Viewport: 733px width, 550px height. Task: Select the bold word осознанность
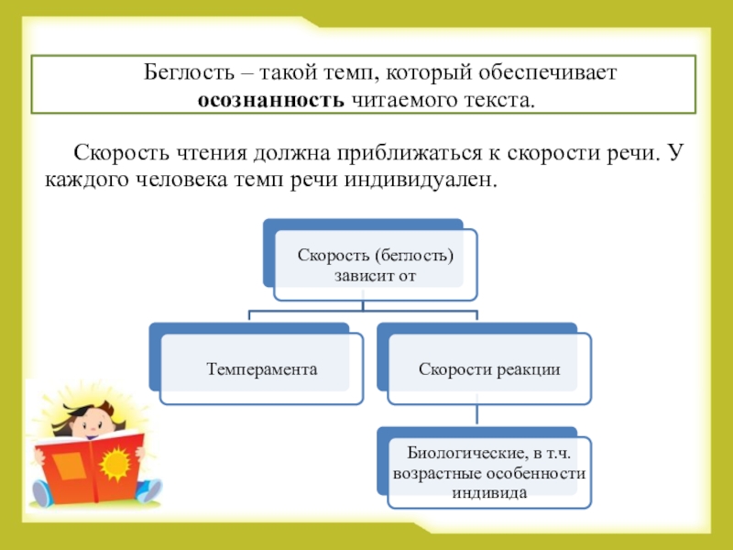pyautogui.click(x=269, y=99)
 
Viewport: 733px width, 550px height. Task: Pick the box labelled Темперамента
pyautogui.click(x=261, y=369)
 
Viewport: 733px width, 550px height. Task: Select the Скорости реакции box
pyautogui.click(x=489, y=369)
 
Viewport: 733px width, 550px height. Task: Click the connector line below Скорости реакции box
pyautogui.click(x=477, y=414)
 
